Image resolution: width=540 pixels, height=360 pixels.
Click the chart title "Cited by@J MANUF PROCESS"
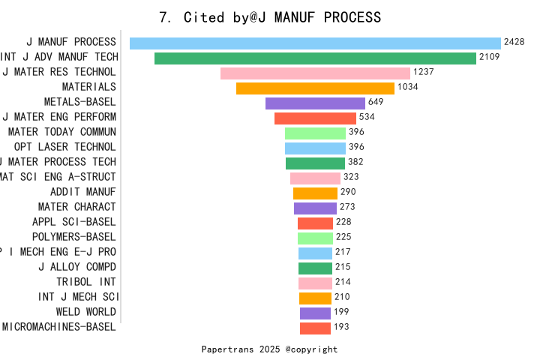point(270,17)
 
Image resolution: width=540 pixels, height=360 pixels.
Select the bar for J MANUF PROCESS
point(315,43)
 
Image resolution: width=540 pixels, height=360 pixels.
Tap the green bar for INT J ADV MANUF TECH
point(315,58)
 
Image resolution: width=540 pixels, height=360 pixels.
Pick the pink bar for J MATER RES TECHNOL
point(315,73)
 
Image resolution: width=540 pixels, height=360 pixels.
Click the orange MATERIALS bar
point(315,88)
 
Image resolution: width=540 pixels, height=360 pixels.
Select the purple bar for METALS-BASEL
point(315,103)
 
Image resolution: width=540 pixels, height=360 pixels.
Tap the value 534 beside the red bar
point(367,118)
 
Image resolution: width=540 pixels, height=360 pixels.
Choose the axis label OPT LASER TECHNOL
point(65,147)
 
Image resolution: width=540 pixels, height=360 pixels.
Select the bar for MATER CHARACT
point(315,208)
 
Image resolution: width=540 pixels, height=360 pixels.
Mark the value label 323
point(352,178)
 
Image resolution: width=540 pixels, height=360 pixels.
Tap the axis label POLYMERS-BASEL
point(74,237)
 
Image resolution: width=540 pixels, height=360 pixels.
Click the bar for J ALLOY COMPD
point(315,268)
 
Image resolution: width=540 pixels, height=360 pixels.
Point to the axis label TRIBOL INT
point(86,282)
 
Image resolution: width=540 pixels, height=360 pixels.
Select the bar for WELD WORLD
point(315,313)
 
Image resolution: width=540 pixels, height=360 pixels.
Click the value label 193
point(341,327)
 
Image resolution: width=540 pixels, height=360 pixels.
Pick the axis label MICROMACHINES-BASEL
point(59,327)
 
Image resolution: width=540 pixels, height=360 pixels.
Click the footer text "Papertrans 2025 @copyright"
point(270,349)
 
